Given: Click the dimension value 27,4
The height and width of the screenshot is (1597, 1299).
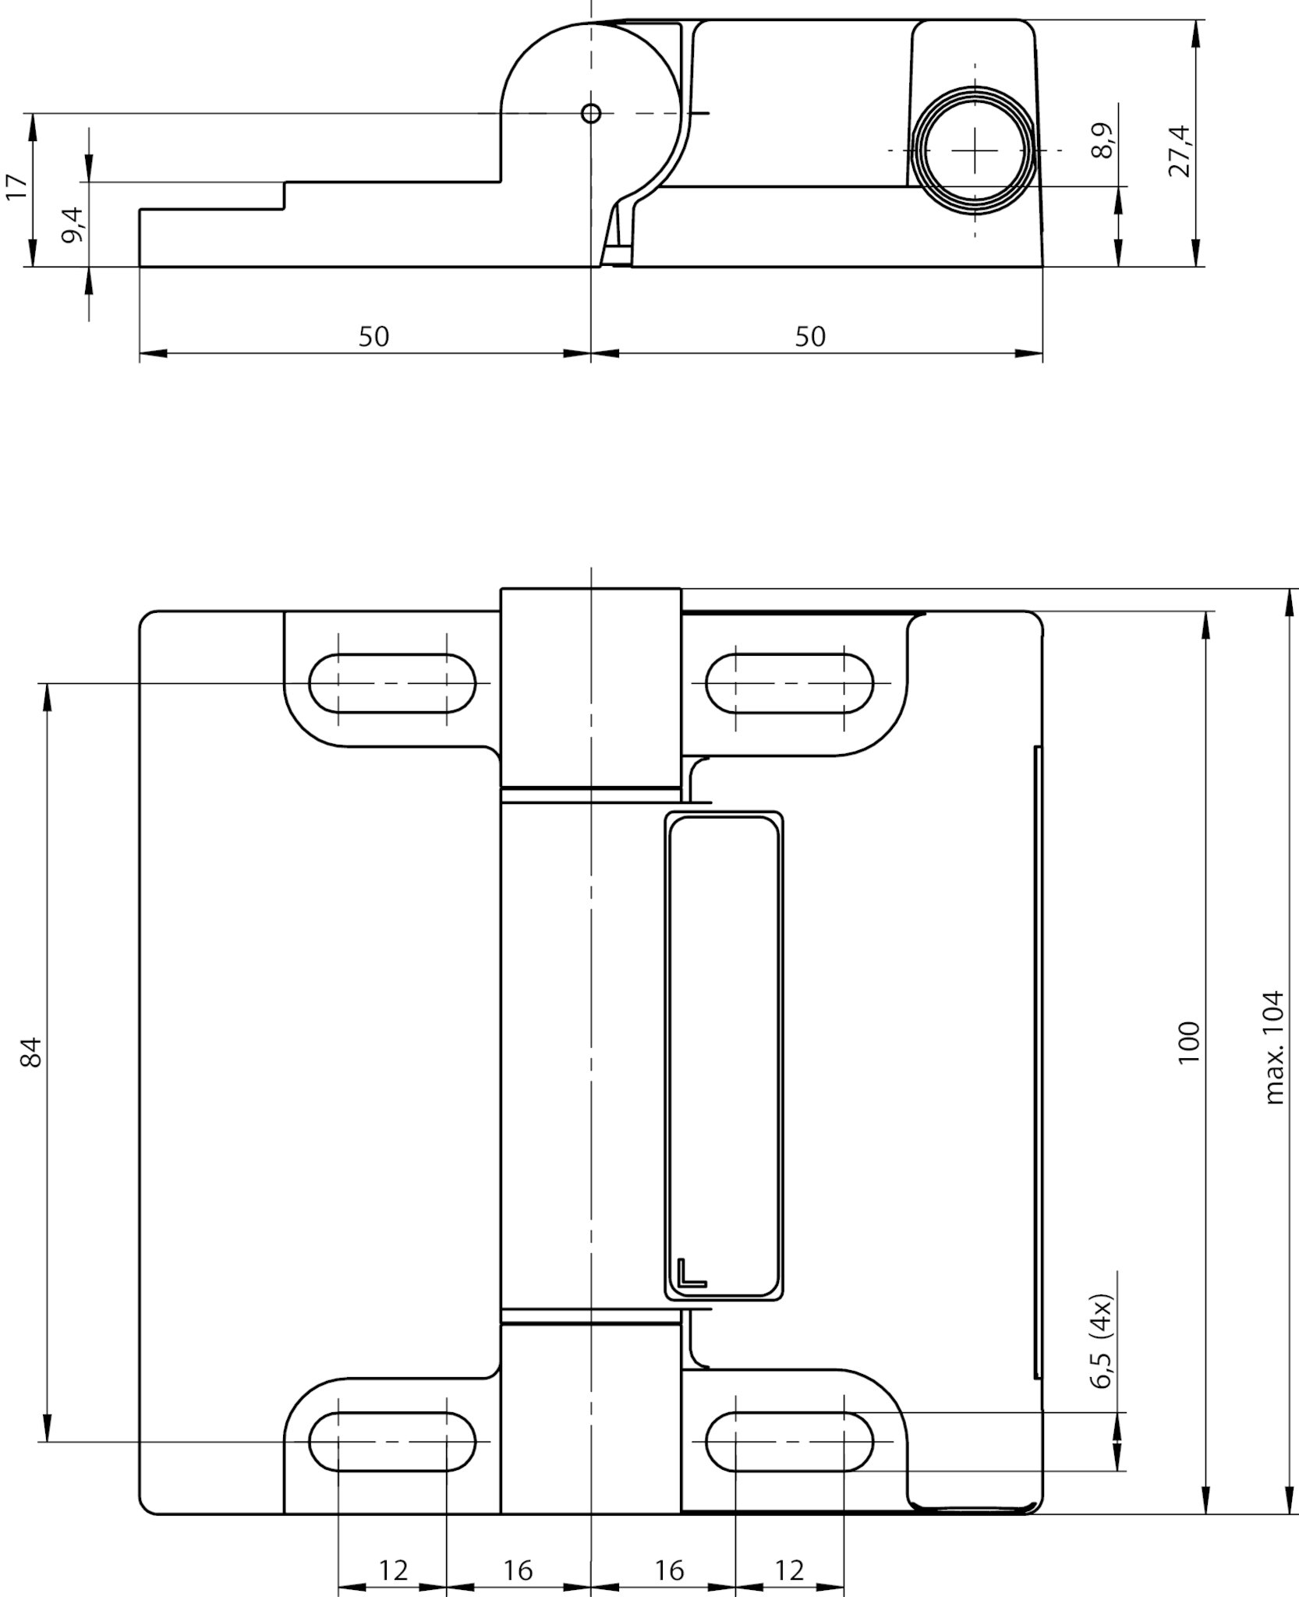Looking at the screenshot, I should click(1180, 151).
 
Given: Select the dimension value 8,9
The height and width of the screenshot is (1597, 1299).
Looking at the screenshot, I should click(1103, 141).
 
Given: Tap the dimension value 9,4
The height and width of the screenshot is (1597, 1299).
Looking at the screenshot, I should click(73, 225).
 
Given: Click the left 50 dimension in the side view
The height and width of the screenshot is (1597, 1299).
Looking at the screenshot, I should click(373, 337).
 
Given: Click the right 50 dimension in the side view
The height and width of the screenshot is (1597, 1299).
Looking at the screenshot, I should click(809, 337).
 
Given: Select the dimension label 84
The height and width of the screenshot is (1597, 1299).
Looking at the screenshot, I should click(31, 1052).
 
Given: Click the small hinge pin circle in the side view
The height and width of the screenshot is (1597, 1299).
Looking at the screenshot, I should click(591, 114).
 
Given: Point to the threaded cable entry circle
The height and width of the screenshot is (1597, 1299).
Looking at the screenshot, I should click(975, 150).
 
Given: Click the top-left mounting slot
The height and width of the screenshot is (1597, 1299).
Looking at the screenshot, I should click(392, 684).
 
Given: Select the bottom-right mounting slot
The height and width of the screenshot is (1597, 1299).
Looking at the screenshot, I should click(788, 1442).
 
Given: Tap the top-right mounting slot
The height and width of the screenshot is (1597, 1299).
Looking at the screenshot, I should click(788, 684).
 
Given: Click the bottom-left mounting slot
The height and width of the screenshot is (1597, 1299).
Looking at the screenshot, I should click(392, 1442).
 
